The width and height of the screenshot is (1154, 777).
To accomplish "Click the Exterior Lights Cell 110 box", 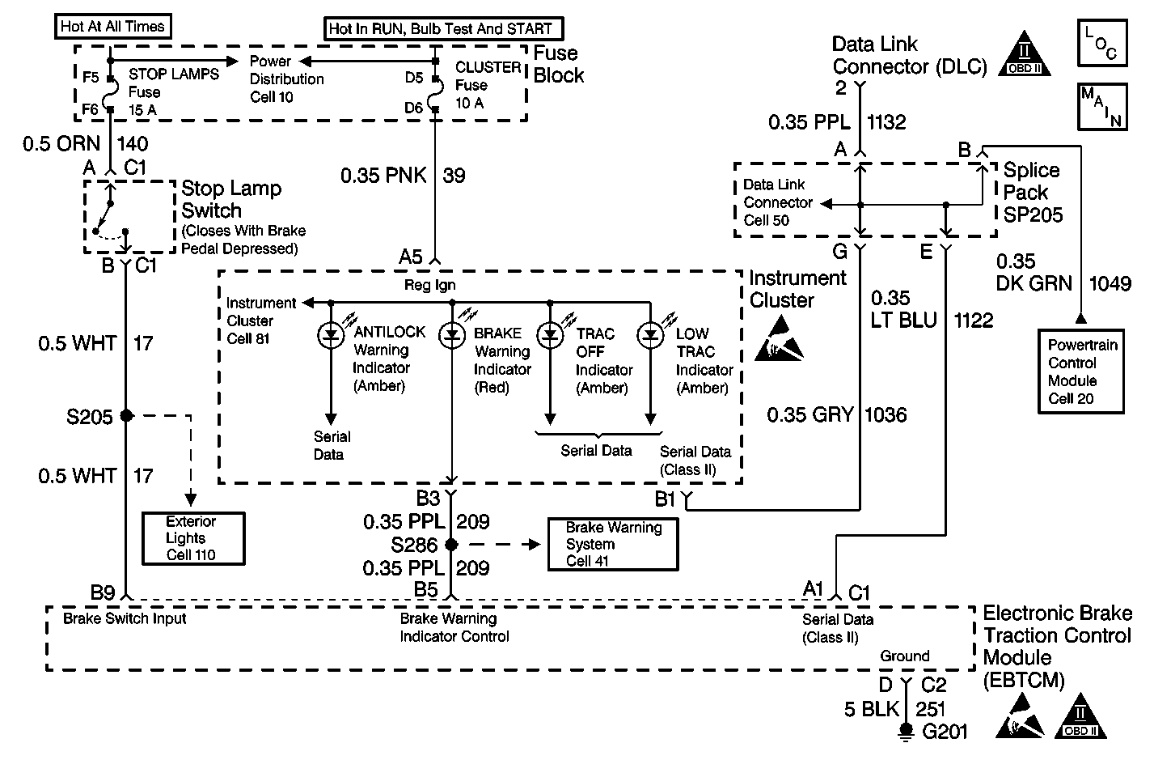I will (x=192, y=538).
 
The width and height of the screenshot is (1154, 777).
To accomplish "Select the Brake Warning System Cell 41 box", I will (x=613, y=544).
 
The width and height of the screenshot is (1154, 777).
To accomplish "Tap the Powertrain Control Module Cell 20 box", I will (x=1082, y=372).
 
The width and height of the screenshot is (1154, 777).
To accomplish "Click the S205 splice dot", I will (x=126, y=416).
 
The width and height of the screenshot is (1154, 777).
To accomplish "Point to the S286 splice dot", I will (x=451, y=545).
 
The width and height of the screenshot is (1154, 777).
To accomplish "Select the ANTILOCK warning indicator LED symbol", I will (x=331, y=334).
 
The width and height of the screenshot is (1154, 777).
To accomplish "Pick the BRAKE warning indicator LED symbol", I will (x=451, y=334).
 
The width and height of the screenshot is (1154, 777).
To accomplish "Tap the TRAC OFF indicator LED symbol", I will (x=550, y=334).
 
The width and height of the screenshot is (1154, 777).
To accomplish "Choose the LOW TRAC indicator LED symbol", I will (x=651, y=334).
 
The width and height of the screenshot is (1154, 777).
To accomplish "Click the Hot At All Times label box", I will (x=112, y=26).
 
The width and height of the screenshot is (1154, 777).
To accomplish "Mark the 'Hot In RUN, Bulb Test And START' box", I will (x=441, y=28).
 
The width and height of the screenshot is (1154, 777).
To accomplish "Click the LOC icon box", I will (x=1101, y=44).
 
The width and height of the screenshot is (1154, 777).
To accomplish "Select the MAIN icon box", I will (x=1101, y=106).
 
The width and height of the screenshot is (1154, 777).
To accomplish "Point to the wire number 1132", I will (x=886, y=122).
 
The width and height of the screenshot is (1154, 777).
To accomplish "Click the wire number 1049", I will (x=1110, y=283).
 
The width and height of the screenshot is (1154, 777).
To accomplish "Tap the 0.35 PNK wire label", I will (x=383, y=176).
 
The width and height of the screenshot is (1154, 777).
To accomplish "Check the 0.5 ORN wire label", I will (x=61, y=144).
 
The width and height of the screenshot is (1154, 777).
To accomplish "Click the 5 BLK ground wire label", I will (x=872, y=710).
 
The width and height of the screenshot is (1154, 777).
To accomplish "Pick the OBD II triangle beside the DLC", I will (x=1026, y=57).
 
